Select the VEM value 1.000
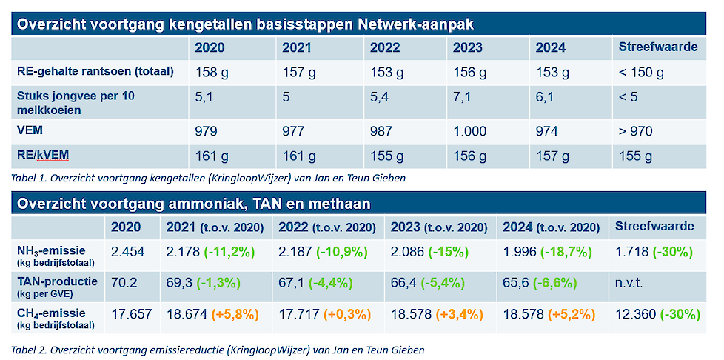tap(470, 131)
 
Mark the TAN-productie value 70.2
tap(125, 283)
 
